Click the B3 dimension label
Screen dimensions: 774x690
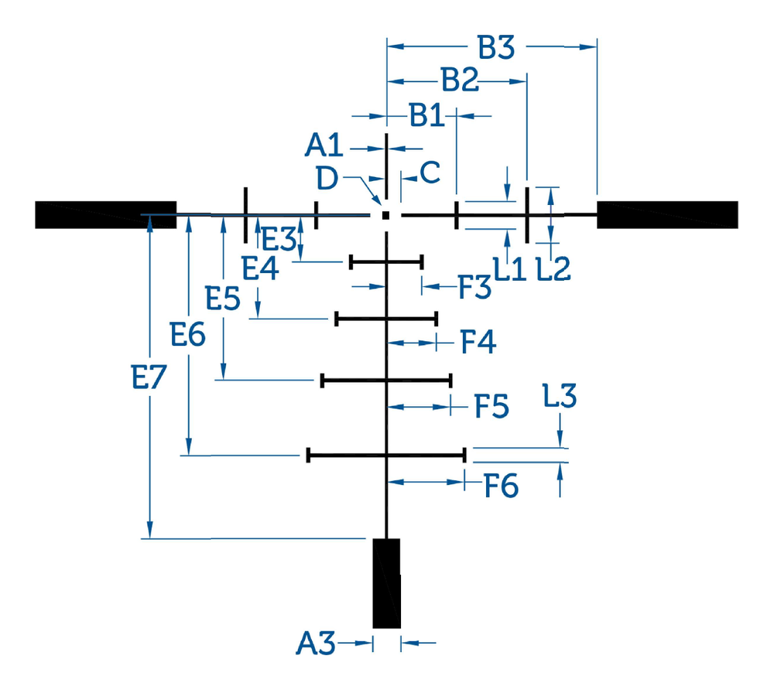click(496, 47)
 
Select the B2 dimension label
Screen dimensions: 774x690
click(460, 80)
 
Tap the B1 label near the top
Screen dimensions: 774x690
click(427, 116)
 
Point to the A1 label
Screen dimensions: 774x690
click(324, 145)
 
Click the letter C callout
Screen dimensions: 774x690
click(430, 172)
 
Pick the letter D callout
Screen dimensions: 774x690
click(327, 179)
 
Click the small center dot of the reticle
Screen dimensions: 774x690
click(386, 215)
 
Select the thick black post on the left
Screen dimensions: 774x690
click(105, 215)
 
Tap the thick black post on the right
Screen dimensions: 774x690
click(667, 214)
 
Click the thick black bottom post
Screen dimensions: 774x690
click(386, 583)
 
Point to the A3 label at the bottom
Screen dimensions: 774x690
click(316, 644)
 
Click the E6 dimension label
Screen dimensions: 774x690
click(187, 334)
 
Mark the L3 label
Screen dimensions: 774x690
click(560, 396)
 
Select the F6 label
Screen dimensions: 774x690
click(501, 486)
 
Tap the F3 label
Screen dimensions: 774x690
click(475, 287)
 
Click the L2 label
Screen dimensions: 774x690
click(553, 269)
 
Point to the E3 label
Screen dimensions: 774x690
click(279, 239)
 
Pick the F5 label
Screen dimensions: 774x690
click(491, 406)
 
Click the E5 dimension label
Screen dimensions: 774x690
click(223, 299)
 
